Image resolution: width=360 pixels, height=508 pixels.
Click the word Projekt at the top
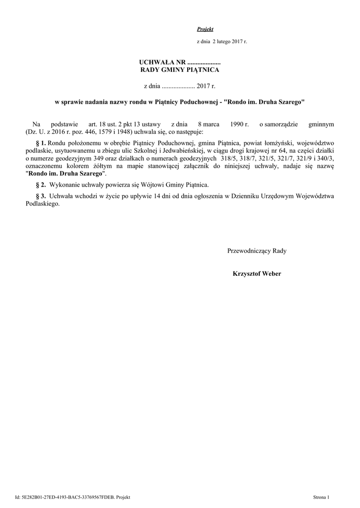coord(205,29)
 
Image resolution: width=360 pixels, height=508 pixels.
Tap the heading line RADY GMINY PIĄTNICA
coord(180,70)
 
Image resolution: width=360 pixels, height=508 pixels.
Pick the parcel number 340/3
coord(325,159)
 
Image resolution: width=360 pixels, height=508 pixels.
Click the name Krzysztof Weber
coord(257,274)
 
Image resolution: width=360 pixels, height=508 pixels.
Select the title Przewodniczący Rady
coord(257,251)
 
